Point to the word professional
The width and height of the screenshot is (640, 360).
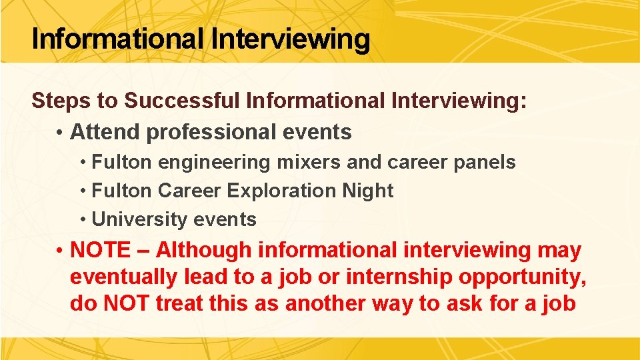coord(209,132)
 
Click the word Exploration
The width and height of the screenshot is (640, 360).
coord(283,191)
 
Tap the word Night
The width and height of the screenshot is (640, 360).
coord(367,191)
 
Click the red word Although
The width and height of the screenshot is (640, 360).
coord(204,251)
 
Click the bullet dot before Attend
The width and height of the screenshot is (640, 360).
coord(60,133)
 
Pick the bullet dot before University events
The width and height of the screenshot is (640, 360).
coord(83,220)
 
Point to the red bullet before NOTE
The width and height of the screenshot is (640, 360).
coord(60,251)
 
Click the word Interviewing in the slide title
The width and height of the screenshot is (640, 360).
coord(290,39)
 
